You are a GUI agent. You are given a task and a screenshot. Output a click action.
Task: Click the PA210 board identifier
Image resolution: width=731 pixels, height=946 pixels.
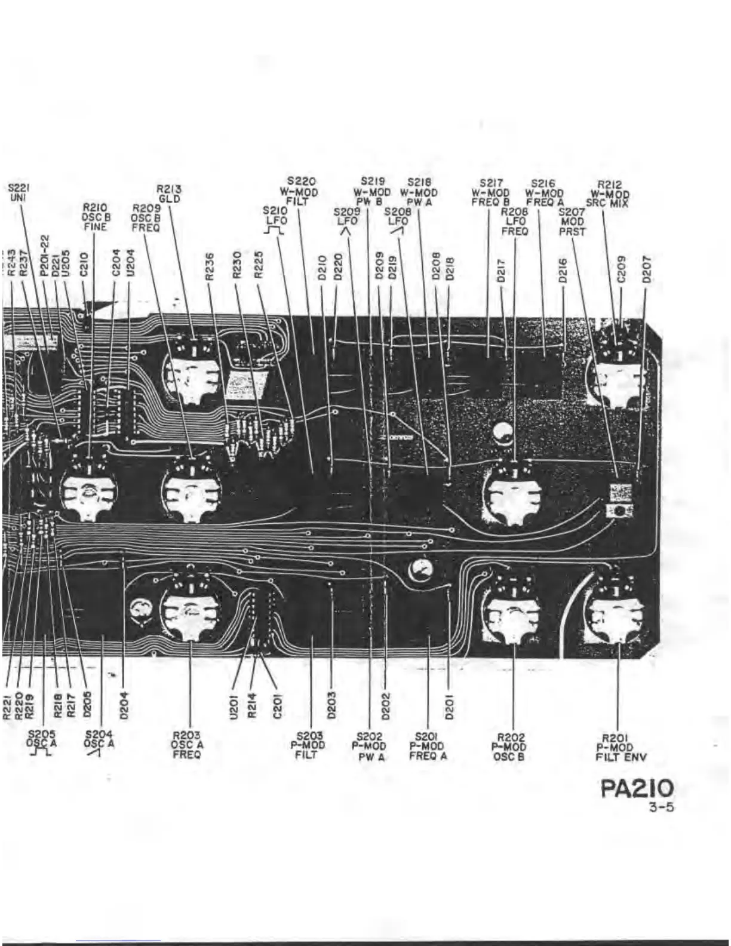coord(637,789)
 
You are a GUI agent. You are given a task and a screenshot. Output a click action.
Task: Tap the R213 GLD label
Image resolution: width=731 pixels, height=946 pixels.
coord(170,194)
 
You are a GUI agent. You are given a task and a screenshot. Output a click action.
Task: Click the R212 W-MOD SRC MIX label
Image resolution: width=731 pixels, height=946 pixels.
coord(609,194)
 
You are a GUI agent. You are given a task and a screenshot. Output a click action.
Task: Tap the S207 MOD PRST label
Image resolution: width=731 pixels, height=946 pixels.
coord(572,222)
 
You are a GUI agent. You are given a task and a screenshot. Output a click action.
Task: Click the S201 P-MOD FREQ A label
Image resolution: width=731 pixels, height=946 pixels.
coord(428,747)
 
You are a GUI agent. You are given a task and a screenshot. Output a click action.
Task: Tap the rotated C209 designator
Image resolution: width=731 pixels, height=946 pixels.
coord(621,269)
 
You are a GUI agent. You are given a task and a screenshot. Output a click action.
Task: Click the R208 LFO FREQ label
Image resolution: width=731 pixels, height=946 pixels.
coord(514,221)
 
